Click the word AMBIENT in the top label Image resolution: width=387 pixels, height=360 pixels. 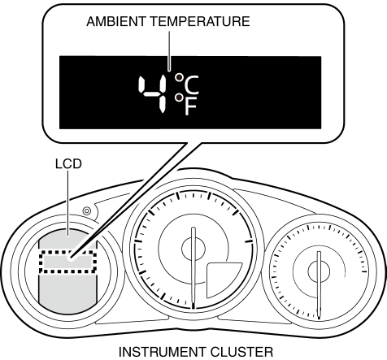(117, 21)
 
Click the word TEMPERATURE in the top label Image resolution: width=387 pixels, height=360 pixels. (200, 21)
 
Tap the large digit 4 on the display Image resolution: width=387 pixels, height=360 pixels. (152, 94)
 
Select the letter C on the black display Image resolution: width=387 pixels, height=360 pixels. (191, 85)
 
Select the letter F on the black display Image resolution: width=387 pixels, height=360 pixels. (190, 106)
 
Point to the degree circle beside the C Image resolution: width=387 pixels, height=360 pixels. (179, 78)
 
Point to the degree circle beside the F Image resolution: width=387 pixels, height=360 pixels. (179, 98)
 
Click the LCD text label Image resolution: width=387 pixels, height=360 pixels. (68, 164)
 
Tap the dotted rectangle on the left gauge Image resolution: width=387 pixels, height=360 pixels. (67, 262)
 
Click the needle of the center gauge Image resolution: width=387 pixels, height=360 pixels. (193, 267)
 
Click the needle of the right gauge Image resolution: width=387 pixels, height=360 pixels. (319, 284)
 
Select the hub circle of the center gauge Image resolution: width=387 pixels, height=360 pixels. (193, 249)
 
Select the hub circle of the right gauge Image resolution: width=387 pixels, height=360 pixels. (319, 271)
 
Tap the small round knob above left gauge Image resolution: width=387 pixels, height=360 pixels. (86, 210)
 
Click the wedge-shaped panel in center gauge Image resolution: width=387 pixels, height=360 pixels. (222, 279)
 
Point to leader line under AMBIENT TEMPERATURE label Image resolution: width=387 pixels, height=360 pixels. (169, 51)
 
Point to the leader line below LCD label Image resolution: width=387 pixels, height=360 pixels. (67, 203)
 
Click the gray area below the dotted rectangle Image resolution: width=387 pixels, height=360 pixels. (67, 293)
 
